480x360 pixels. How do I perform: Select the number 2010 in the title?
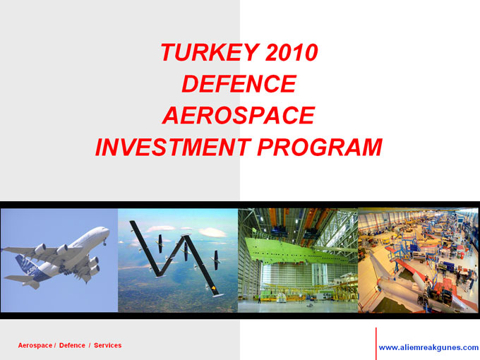[292, 52]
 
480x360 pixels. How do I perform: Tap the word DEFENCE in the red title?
[239, 84]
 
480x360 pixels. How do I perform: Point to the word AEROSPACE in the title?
[239, 115]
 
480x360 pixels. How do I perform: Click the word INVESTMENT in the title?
[173, 148]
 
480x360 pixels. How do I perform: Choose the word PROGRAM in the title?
[320, 148]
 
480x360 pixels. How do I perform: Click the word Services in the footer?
[107, 345]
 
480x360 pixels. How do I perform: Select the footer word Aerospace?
[35, 346]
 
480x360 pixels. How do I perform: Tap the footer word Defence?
[72, 345]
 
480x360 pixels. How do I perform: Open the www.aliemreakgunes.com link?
[428, 348]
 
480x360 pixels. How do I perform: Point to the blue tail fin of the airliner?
[25, 265]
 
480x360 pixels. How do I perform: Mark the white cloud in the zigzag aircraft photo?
[212, 232]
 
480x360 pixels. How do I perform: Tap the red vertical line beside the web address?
[376, 344]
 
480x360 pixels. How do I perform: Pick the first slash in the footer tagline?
[55, 346]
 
